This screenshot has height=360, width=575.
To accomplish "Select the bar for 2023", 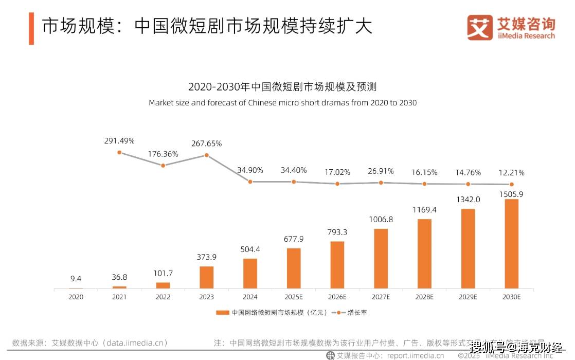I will click(206, 278).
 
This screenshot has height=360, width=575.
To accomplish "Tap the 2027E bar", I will click(381, 259).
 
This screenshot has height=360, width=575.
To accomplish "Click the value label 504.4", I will click(250, 249).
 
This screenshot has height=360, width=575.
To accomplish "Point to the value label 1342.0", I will click(468, 200).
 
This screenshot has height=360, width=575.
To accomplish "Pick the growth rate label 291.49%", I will click(119, 140).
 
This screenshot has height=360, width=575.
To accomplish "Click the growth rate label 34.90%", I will click(250, 170).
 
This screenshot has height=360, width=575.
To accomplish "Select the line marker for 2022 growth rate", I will click(163, 165).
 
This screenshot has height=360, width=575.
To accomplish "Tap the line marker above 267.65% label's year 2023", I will click(207, 155).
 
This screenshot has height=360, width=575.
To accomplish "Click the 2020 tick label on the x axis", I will click(76, 297).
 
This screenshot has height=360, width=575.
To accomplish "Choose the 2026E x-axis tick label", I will click(337, 297).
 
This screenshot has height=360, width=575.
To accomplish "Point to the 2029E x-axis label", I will click(468, 297).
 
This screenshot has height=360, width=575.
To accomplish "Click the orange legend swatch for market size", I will click(223, 312).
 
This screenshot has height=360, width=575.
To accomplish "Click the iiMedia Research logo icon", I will click(479, 27).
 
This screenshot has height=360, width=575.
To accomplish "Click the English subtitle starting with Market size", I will click(282, 102).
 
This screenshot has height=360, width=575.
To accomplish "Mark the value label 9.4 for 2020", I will click(76, 279).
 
